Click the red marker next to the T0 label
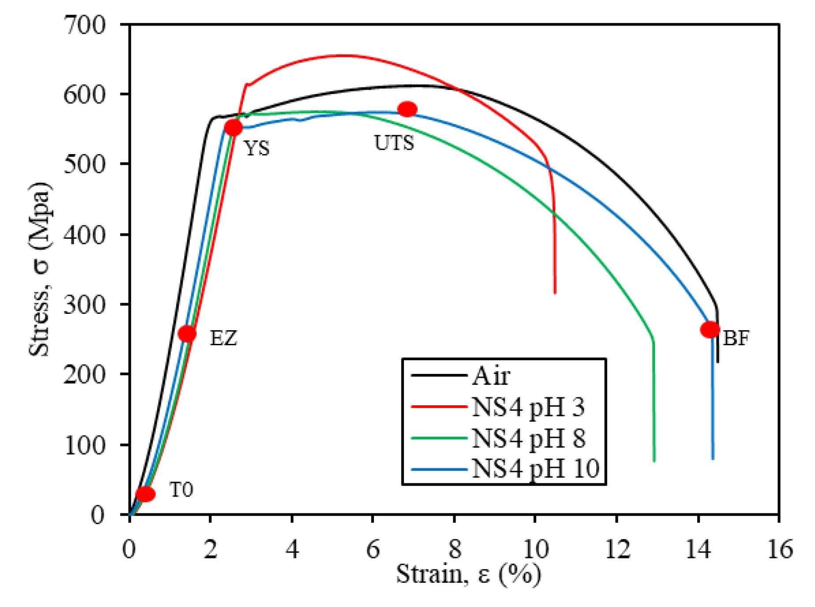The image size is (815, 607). click(x=146, y=494)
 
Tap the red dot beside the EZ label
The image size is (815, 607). click(x=187, y=334)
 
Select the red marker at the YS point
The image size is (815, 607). click(x=234, y=128)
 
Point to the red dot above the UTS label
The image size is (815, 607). click(x=407, y=109)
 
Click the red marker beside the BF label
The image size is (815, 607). click(x=710, y=329)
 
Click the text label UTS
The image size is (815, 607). click(x=394, y=143)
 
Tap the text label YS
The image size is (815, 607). click(x=257, y=149)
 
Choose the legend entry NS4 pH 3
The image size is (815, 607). click(x=528, y=407)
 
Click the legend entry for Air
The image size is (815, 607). click(x=491, y=376)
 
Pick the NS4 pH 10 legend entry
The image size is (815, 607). click(x=535, y=468)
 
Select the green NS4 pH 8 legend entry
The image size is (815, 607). click(x=528, y=438)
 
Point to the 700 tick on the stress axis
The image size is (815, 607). click(x=85, y=25)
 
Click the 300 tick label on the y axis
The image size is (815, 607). click(x=85, y=305)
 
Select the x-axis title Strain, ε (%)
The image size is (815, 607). click(x=468, y=574)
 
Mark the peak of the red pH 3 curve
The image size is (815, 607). click(x=346, y=55)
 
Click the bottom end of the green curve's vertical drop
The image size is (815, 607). click(x=654, y=461)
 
